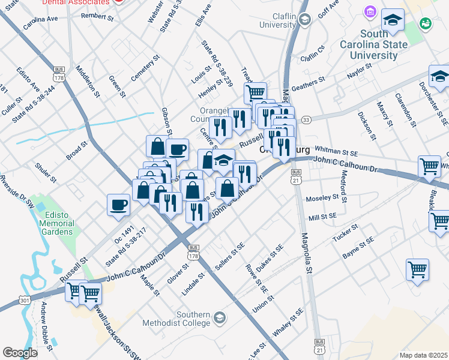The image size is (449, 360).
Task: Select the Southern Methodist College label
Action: pos(176,319)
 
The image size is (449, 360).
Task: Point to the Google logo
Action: pos(20,352)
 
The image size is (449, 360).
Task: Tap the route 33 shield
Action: pos(306,120)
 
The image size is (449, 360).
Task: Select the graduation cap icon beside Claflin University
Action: pos(304,20)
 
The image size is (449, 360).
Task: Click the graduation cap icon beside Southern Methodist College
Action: pos(219,317)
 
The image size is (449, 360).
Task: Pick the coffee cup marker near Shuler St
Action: pos(118,205)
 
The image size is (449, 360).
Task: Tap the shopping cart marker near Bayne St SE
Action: pos(417,269)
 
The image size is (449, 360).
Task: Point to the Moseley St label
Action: pos(322,198)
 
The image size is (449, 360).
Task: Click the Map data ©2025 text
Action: pos(423,355)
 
